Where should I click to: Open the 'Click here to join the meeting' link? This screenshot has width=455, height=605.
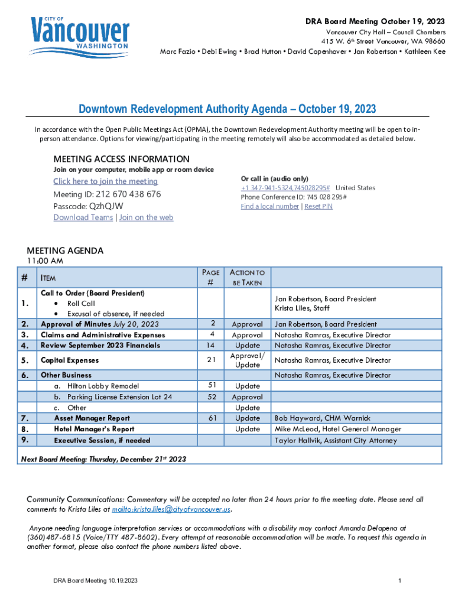coord(105,181)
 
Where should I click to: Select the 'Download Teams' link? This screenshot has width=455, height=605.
coord(83,217)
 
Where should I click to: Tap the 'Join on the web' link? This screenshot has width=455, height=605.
coord(147,217)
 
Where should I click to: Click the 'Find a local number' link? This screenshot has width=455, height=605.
coord(269,206)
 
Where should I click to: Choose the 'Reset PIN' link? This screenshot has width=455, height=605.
coord(318,206)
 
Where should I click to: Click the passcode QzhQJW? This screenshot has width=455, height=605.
coord(106,206)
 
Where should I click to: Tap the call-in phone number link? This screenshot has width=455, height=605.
coord(285,188)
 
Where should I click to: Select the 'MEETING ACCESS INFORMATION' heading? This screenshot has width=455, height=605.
coord(121,159)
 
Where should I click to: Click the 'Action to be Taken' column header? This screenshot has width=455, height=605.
coord(247,278)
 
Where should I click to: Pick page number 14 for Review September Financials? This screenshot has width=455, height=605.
coord(212,346)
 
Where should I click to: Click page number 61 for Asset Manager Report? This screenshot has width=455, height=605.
coord(212,418)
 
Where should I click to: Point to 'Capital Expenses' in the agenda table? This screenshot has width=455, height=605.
coord(70,360)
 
